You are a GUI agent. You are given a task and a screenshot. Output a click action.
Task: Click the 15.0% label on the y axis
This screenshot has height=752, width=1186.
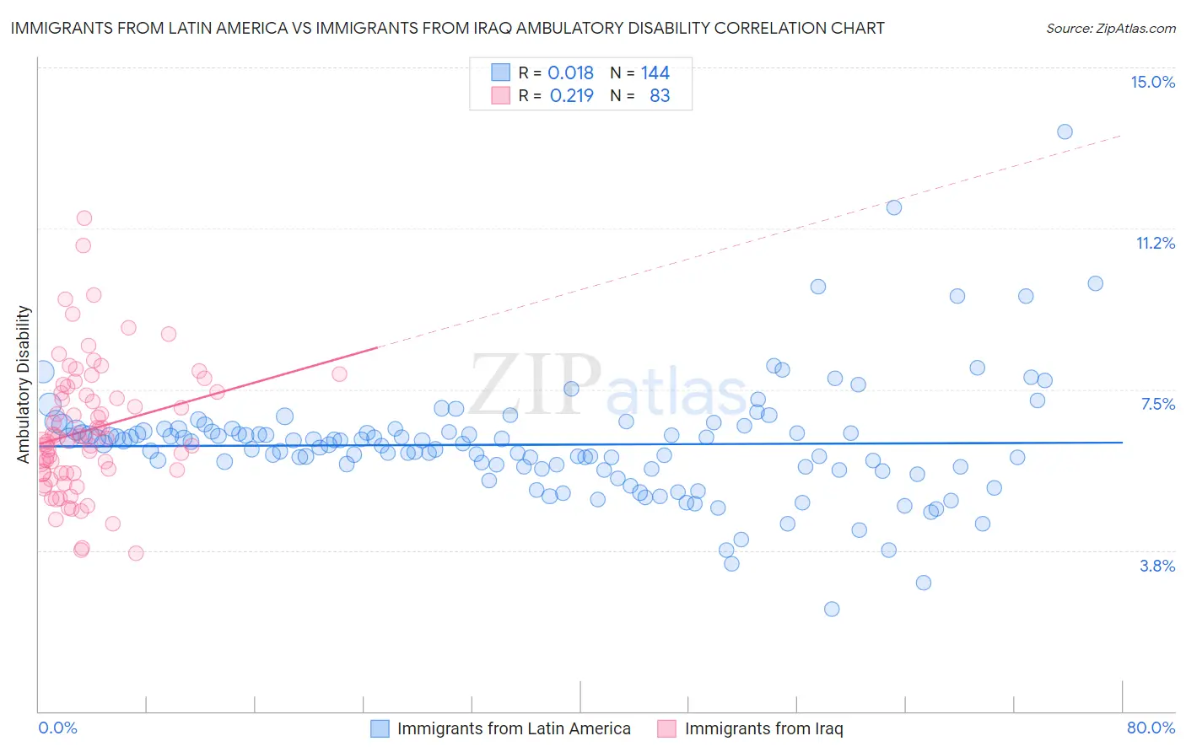[x=1152, y=82]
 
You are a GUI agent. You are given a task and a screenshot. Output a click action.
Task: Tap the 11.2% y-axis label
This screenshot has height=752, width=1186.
[x=1155, y=243]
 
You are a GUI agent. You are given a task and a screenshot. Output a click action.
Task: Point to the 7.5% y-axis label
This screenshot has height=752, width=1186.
[x=1157, y=404]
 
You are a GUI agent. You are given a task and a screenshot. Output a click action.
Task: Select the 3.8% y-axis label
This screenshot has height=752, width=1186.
[x=1157, y=566]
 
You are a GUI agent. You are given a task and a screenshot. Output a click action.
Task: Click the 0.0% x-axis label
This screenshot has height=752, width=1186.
[x=57, y=728]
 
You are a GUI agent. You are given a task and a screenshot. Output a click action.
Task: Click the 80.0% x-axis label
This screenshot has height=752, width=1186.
[x=1151, y=728]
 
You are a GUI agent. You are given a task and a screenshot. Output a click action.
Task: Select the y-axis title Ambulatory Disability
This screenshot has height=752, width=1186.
[x=24, y=384]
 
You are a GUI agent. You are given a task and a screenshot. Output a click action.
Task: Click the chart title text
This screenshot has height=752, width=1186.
[x=448, y=28]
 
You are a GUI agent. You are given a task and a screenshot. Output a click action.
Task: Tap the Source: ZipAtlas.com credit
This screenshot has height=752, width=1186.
[x=1110, y=28]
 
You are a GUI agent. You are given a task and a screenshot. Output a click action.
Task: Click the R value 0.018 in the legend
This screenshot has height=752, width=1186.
[x=570, y=73]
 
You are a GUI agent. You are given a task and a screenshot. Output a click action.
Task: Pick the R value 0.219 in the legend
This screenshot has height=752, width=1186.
[x=571, y=95]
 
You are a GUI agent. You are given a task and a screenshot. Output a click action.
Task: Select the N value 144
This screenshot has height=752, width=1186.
[x=655, y=73]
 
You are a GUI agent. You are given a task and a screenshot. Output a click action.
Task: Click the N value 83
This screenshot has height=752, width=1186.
[x=660, y=95]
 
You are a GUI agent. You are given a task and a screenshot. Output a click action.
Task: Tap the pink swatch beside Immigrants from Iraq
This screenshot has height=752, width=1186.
[x=667, y=728]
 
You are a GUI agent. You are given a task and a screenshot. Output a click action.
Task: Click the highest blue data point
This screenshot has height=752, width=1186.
[x=1065, y=132]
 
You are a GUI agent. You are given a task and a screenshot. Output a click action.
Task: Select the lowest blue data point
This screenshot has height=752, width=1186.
[x=832, y=609]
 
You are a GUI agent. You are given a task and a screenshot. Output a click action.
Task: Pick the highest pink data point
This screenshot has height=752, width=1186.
[x=84, y=218]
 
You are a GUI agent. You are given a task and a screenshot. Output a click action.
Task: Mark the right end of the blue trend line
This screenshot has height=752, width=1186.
[x=1123, y=442]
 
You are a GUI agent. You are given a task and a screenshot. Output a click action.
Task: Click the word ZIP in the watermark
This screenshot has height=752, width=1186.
[x=535, y=384]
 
